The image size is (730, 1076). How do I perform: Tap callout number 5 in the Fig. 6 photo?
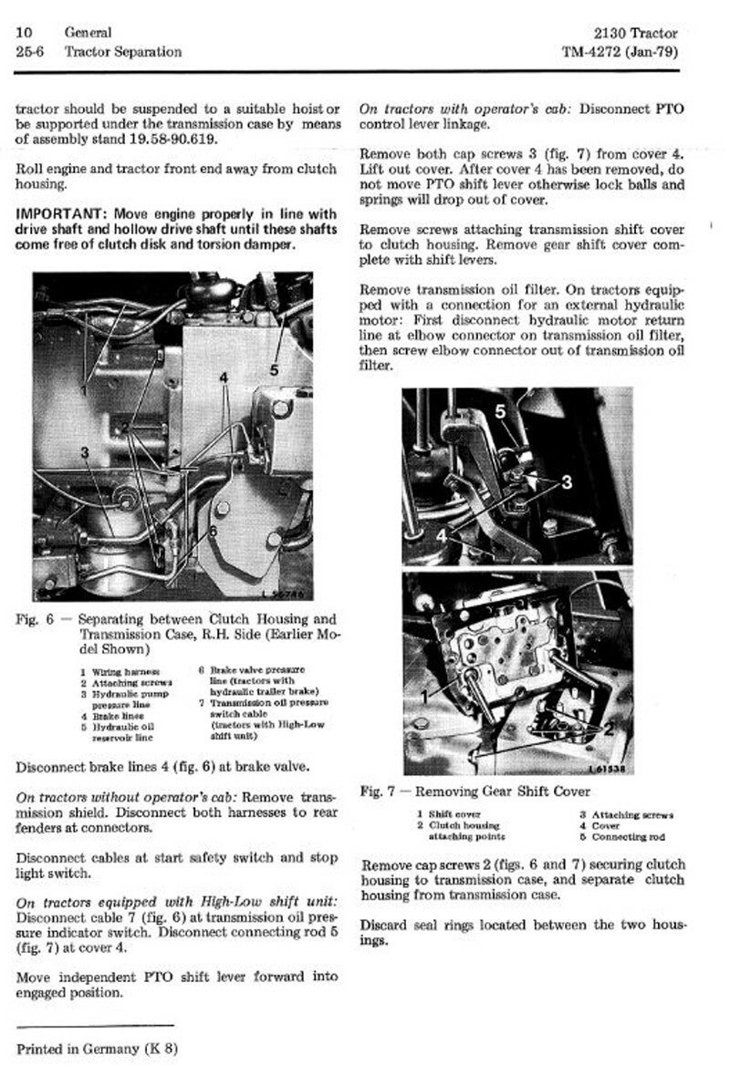point(275,369)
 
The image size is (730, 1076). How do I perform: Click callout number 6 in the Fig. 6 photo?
point(212,531)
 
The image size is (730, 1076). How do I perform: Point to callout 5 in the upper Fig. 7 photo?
point(500,411)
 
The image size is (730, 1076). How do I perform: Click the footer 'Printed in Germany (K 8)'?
point(97,1048)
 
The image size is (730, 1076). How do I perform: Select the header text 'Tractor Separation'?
point(122,52)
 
